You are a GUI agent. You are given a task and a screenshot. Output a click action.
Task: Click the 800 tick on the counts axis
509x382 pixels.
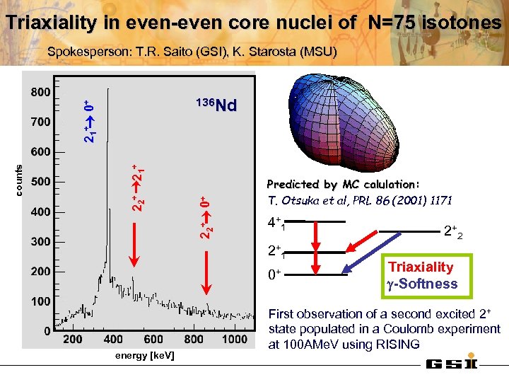(40, 92)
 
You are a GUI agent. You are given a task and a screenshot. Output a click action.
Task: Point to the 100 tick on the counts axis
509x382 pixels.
(40, 301)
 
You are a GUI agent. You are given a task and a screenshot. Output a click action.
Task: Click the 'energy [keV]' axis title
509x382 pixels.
(144, 354)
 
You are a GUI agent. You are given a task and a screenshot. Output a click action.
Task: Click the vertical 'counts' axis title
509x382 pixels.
(20, 181)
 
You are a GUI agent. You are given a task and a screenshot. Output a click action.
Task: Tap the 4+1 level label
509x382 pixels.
(276, 224)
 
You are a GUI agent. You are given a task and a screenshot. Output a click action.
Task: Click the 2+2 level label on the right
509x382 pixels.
(453, 231)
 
